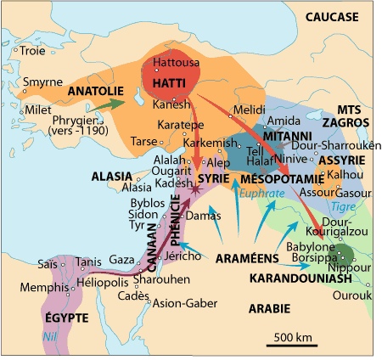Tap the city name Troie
32,51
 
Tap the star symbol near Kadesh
196,192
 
